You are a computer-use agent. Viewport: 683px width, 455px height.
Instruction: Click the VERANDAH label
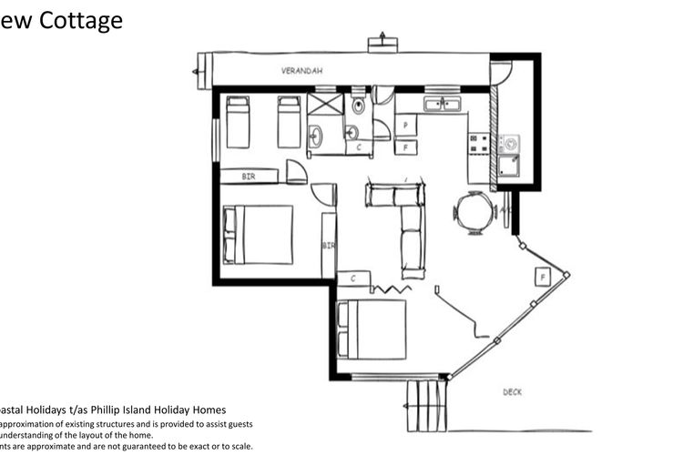[301, 70]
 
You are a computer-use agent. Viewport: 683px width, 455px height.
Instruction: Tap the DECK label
[513, 392]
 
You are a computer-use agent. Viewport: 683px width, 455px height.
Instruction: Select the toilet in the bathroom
[358, 106]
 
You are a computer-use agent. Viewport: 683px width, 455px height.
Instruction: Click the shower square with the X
[323, 104]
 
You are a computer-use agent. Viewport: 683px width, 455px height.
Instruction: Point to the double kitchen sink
[443, 105]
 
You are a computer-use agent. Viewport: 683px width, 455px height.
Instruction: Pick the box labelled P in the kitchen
[405, 126]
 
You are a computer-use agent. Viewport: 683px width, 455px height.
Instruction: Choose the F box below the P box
[405, 147]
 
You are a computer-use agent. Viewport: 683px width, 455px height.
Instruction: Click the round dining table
[474, 213]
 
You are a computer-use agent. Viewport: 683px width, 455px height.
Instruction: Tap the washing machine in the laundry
[509, 144]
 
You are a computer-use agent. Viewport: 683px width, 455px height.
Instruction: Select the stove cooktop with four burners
[479, 144]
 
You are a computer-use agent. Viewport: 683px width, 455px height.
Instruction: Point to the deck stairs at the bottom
[426, 405]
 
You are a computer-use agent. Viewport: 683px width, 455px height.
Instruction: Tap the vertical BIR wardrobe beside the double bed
[328, 245]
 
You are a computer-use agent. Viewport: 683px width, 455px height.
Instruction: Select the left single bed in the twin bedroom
[238, 121]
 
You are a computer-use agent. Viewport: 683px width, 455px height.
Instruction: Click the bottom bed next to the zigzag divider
[372, 329]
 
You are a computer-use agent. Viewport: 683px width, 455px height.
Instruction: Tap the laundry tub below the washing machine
[508, 167]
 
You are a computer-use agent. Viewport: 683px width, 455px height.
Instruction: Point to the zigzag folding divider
[389, 288]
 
